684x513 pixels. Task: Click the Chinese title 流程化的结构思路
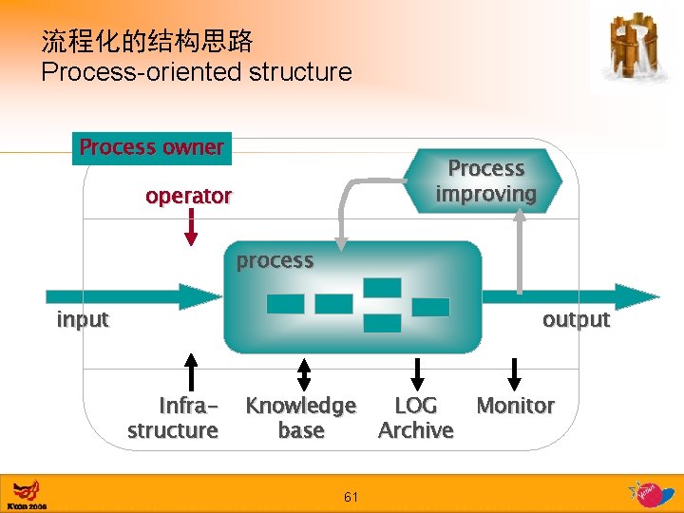[147, 41]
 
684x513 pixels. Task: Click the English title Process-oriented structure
[196, 72]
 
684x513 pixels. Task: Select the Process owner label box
[152, 147]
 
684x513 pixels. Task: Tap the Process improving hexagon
[485, 180]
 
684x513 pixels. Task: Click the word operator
[188, 196]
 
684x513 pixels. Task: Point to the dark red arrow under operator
[190, 227]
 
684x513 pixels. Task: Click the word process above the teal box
[275, 260]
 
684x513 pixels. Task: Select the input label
[83, 319]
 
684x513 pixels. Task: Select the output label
[576, 319]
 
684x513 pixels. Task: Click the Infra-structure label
[174, 418]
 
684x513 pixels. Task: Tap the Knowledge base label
[300, 418]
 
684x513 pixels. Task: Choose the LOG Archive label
[416, 418]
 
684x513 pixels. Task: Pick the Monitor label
[515, 406]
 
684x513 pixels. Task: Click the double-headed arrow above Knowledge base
[303, 373]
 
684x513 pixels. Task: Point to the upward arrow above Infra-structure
[191, 372]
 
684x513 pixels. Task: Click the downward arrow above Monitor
[515, 373]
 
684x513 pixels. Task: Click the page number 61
[351, 497]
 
